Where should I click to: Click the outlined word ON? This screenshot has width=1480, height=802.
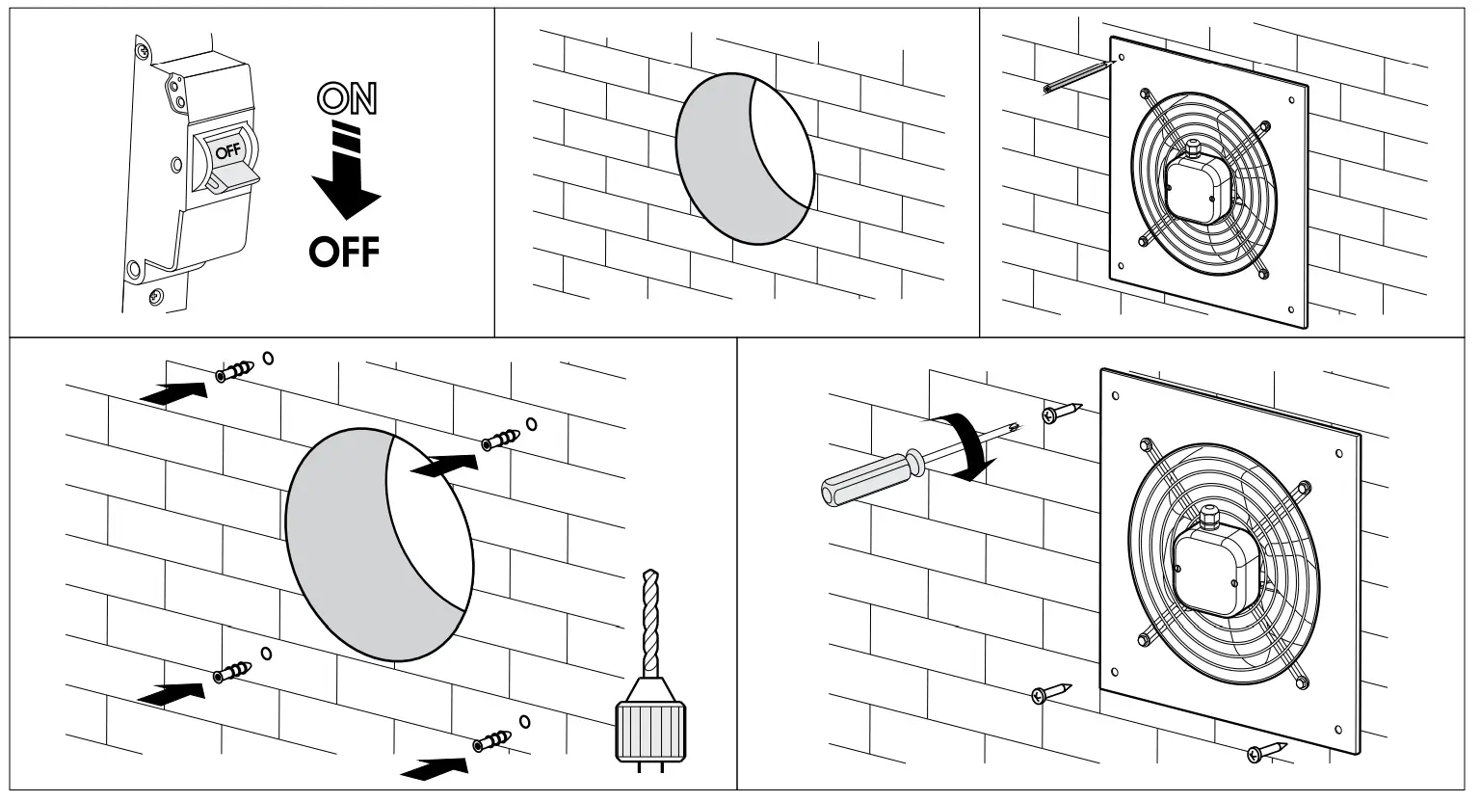348,99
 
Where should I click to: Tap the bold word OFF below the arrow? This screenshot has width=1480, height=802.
344,253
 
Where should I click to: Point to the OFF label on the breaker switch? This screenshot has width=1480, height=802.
226,150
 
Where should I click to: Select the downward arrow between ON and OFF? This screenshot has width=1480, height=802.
346,178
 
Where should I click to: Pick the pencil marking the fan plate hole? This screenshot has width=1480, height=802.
1077,76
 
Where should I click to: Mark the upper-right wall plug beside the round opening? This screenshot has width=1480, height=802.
500,439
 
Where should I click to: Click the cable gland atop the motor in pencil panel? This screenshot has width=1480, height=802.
1193,147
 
